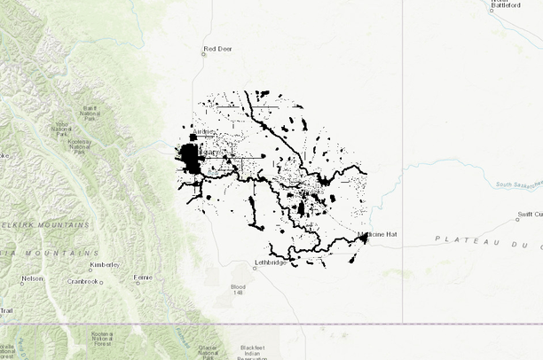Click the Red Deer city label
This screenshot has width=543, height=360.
[218, 49]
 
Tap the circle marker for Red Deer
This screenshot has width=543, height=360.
[203, 54]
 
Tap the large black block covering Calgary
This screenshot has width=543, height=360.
[190, 160]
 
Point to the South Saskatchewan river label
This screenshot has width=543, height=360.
[518, 184]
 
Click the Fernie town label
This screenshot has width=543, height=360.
[143, 278]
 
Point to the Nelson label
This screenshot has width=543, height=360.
[32, 278]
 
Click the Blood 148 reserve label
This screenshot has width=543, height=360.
[237, 290]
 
